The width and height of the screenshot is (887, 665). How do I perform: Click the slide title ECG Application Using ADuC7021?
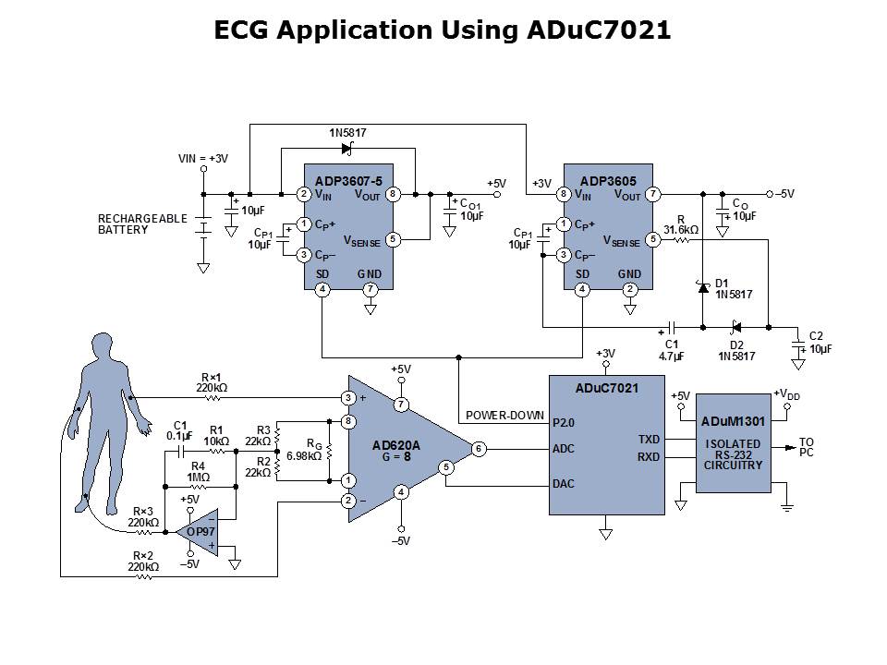tap(443, 30)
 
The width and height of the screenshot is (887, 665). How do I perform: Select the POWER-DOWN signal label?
tap(504, 415)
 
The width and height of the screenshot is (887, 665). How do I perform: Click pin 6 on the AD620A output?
tap(479, 449)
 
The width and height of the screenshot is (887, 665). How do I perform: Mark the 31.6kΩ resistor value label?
tap(680, 228)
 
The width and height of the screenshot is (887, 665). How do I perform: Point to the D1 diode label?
tap(723, 283)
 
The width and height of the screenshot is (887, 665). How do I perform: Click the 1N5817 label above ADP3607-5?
tap(347, 133)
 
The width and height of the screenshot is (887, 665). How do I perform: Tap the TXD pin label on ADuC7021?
tap(649, 440)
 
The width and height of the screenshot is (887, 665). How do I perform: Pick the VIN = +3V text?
tap(203, 159)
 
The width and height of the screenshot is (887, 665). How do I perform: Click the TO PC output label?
tap(807, 448)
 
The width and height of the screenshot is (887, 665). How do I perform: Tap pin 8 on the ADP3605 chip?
tap(562, 194)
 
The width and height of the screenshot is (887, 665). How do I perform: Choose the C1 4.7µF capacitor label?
tap(672, 350)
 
